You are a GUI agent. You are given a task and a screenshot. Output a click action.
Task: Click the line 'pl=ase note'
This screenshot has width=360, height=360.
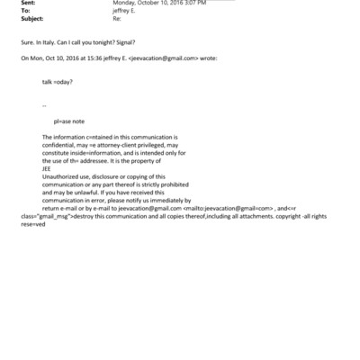pyautogui.click(x=71, y=120)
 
